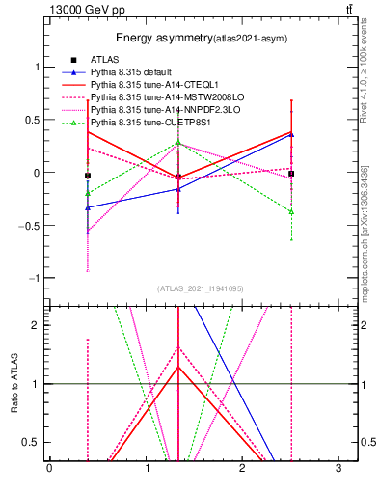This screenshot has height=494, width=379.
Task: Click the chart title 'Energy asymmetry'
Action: click(160, 39)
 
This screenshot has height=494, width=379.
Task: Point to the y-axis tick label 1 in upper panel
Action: click(38, 67)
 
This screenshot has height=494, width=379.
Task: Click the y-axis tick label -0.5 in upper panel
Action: click(31, 225)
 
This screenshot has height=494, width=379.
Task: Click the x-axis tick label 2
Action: click(243, 469)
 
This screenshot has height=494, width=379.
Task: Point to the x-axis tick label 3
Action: click(339, 469)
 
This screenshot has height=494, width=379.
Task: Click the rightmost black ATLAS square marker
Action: click(291, 174)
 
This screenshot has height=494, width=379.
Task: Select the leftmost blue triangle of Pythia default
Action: click(88, 207)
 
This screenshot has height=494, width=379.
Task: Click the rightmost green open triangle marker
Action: click(291, 210)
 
